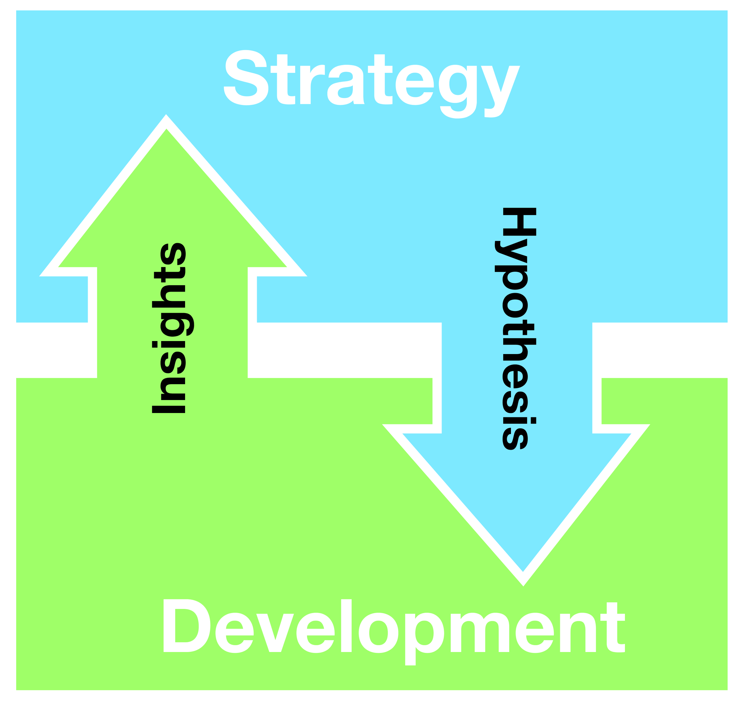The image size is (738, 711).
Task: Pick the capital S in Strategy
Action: click(246, 78)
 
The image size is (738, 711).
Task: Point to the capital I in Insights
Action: click(168, 409)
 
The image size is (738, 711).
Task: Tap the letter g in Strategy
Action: click(458, 90)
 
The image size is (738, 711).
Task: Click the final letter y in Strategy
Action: click(500, 90)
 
